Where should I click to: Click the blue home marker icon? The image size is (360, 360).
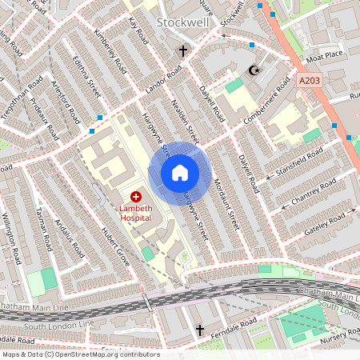click(x=180, y=173)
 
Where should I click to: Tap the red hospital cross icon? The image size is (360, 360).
click(x=135, y=196)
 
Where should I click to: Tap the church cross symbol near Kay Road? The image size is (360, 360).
click(x=182, y=52)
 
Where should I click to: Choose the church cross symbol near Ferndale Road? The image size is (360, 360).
click(x=200, y=329)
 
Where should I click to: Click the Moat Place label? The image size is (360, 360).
click(x=326, y=54)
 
